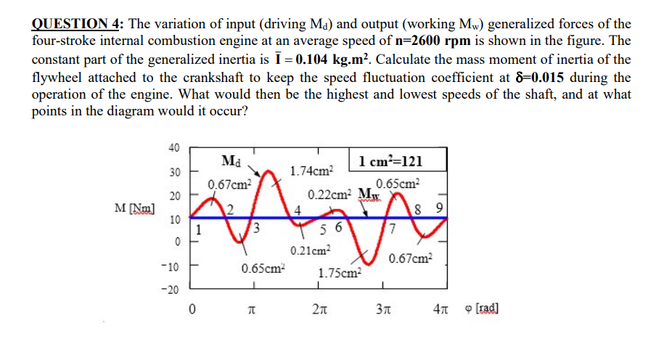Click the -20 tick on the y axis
click(172, 290)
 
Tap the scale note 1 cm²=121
click(390, 161)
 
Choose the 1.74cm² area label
click(311, 171)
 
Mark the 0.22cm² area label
click(329, 196)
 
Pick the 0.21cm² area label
click(311, 252)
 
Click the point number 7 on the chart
click(393, 230)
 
